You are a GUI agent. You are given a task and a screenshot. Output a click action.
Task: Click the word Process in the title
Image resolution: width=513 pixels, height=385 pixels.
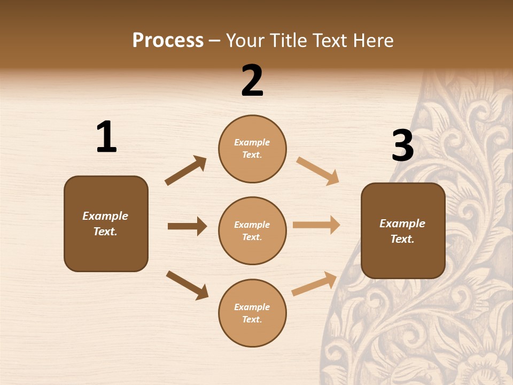pyautogui.click(x=168, y=41)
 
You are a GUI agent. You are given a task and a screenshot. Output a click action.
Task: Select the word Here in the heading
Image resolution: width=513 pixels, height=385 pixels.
pyautogui.click(x=372, y=41)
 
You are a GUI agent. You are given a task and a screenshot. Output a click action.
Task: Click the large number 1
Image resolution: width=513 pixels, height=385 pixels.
pyautogui.click(x=106, y=137)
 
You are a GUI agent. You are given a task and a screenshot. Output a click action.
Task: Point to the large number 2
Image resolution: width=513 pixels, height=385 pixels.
pyautogui.click(x=252, y=81)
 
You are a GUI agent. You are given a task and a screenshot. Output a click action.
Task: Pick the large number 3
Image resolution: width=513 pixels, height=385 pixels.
pyautogui.click(x=403, y=146)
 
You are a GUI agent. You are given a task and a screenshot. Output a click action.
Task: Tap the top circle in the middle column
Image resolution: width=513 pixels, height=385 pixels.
pyautogui.click(x=252, y=149)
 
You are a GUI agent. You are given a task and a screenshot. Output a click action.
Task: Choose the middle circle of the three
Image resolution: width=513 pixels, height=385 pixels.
pyautogui.click(x=252, y=231)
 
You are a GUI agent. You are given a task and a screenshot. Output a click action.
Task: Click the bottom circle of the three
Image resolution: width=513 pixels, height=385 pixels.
pyautogui.click(x=252, y=313)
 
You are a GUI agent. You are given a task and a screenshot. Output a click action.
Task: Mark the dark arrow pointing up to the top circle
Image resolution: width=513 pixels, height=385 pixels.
pyautogui.click(x=186, y=171)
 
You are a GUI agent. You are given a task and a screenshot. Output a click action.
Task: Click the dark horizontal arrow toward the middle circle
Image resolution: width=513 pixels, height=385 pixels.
pyautogui.click(x=187, y=226)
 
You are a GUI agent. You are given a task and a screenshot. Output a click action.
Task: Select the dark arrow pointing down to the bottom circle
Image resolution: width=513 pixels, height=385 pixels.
pyautogui.click(x=187, y=285)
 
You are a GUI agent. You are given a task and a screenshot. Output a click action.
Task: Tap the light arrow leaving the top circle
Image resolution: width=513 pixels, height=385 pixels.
pyautogui.click(x=318, y=171)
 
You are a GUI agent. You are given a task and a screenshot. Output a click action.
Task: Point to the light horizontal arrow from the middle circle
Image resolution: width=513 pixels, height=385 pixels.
pyautogui.click(x=316, y=225)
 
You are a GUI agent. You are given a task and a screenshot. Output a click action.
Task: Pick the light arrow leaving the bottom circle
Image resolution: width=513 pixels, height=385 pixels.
pyautogui.click(x=314, y=284)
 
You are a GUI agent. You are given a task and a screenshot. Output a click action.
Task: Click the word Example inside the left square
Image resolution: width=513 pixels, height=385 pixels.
pyautogui.click(x=105, y=216)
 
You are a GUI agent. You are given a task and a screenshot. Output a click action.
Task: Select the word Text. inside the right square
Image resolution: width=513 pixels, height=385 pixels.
pyautogui.click(x=402, y=239)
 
